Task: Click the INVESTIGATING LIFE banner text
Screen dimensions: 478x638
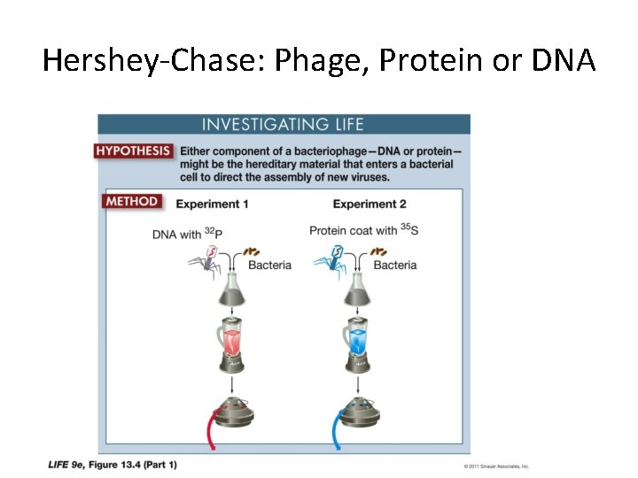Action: coord(283,125)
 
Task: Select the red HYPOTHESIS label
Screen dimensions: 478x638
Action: coord(133,151)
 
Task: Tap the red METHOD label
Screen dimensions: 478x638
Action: coord(132,201)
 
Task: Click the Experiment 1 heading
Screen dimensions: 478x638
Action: coord(212,204)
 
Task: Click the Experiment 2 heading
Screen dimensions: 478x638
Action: coord(369,204)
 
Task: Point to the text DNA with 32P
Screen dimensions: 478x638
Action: coord(187,234)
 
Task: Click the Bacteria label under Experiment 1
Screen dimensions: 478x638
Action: coord(269,266)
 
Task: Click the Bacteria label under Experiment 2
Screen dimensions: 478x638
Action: coord(395,266)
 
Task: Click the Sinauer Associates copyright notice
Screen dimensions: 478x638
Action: coord(497,466)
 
